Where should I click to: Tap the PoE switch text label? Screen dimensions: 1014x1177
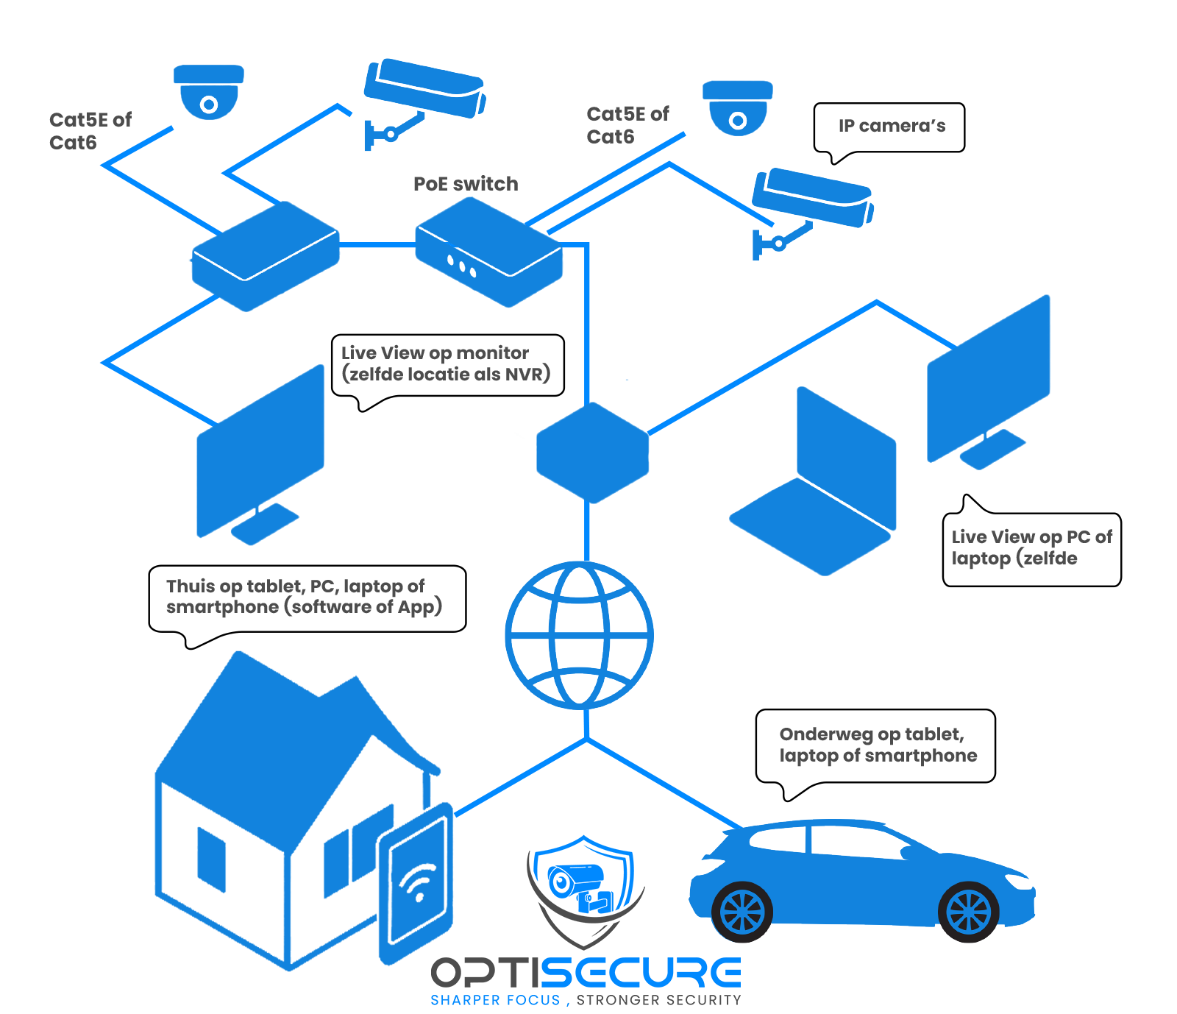pos(466,184)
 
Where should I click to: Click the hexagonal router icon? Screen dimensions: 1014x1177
pos(592,453)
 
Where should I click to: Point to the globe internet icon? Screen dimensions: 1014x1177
pos(580,634)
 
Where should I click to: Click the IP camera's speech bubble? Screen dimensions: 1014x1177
pos(890,127)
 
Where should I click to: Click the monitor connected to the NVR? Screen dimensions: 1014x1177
pos(260,453)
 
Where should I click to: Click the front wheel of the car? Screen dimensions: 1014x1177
pos(969,912)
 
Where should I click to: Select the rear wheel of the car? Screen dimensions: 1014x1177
pos(742,912)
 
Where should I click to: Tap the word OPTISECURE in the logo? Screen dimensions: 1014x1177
pos(586,972)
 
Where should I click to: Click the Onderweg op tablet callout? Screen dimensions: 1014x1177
pos(875,745)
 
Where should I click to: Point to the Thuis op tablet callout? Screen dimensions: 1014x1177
pos(305,597)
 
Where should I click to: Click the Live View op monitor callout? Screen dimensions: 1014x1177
pos(447,364)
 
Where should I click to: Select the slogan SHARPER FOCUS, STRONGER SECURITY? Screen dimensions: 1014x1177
pos(586,1000)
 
